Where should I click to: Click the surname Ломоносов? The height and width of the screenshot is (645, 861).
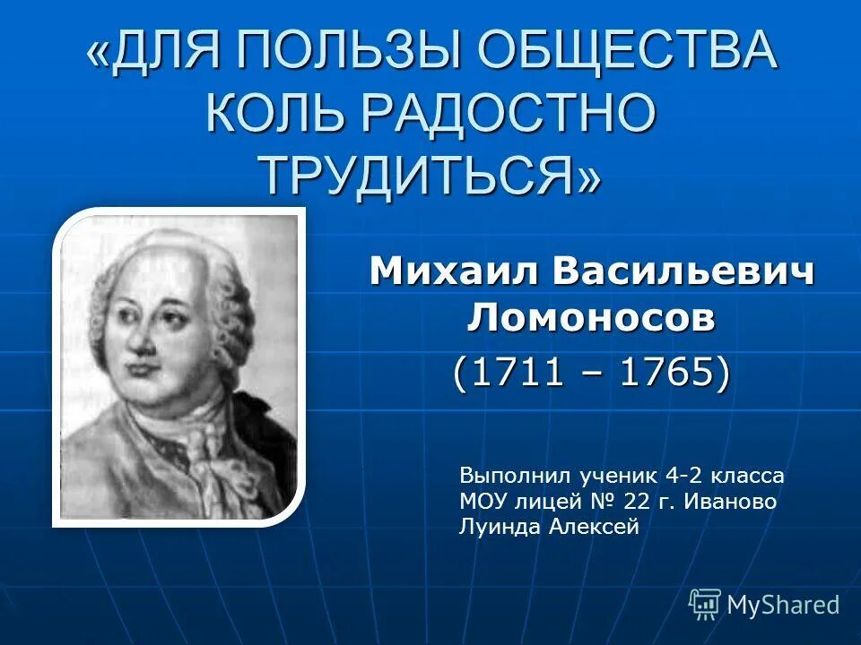pos(593,317)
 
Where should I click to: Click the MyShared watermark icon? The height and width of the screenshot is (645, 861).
pos(705,604)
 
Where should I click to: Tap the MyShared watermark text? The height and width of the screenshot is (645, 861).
pos(783,605)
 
